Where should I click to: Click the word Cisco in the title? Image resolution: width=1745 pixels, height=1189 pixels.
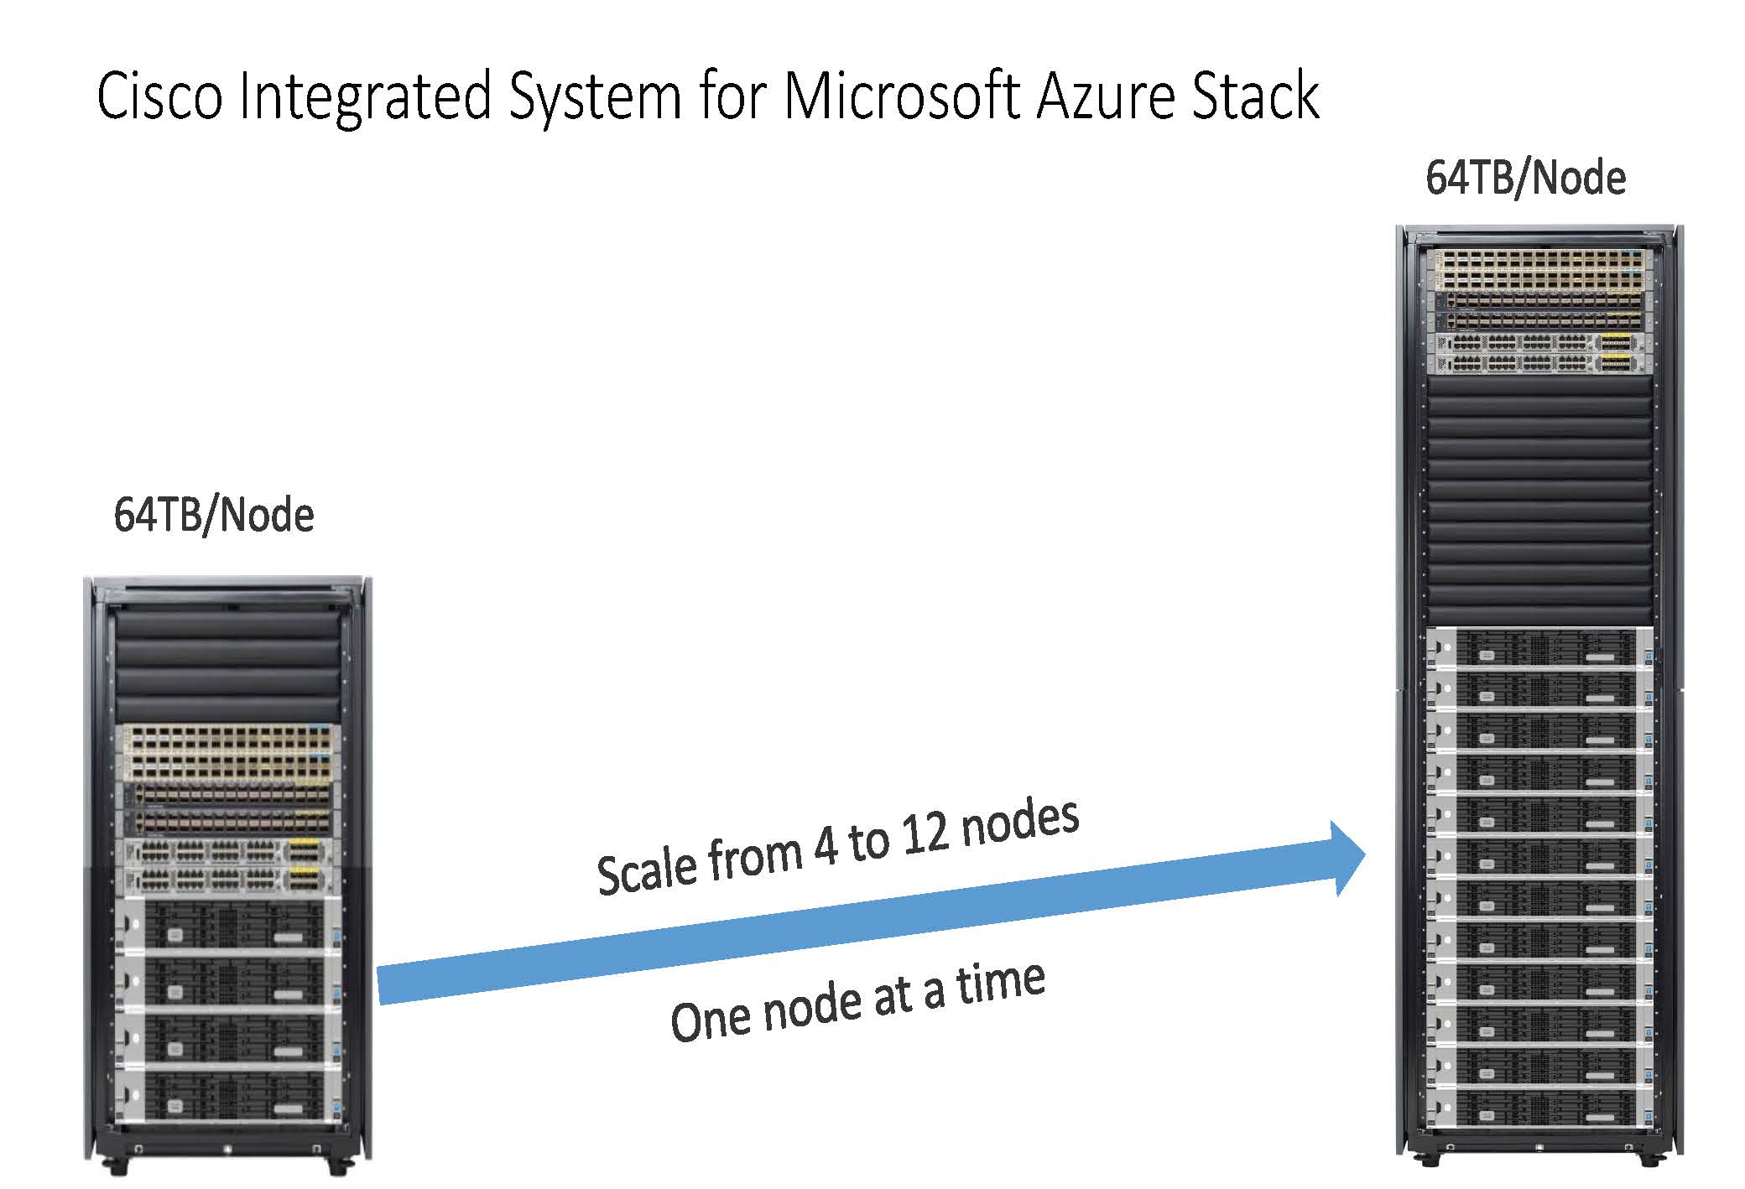click(159, 96)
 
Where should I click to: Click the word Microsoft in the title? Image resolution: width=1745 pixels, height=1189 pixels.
click(901, 96)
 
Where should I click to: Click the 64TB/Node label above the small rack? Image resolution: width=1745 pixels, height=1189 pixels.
click(214, 515)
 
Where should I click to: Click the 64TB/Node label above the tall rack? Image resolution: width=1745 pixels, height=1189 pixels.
click(1525, 179)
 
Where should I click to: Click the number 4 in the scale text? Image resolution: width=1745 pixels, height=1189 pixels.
click(826, 849)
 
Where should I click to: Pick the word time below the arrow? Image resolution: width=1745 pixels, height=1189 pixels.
click(1001, 983)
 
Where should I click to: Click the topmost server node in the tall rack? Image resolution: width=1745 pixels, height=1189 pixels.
click(1539, 647)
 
